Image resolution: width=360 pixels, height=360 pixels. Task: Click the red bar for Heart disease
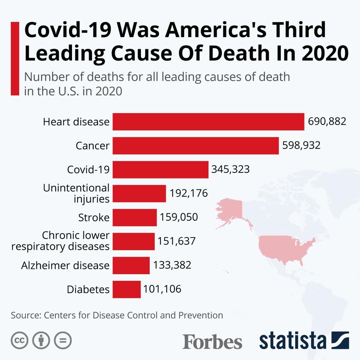click(x=208, y=122)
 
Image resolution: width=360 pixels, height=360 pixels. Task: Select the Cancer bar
click(x=195, y=145)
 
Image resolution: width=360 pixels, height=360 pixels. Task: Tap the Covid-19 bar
click(x=160, y=169)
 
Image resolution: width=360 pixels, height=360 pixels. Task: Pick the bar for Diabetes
click(x=126, y=289)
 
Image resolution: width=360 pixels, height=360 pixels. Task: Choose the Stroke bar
click(x=134, y=217)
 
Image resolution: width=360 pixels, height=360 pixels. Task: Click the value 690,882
click(x=327, y=121)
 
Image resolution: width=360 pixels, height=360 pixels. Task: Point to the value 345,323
click(x=230, y=169)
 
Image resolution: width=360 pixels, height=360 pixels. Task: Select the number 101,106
click(x=162, y=289)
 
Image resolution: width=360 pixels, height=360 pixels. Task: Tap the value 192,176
click(x=189, y=193)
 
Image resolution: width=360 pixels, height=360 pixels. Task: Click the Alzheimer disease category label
click(x=65, y=265)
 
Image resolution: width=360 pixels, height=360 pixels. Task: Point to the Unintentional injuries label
click(x=76, y=193)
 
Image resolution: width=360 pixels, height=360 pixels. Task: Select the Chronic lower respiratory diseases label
click(x=61, y=241)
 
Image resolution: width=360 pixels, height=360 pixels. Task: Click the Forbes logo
click(x=212, y=341)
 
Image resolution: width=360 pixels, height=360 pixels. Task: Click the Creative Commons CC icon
click(x=20, y=340)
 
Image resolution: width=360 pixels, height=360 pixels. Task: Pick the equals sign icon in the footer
click(x=63, y=340)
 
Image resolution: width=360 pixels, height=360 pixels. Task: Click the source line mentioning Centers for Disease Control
click(x=117, y=315)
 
